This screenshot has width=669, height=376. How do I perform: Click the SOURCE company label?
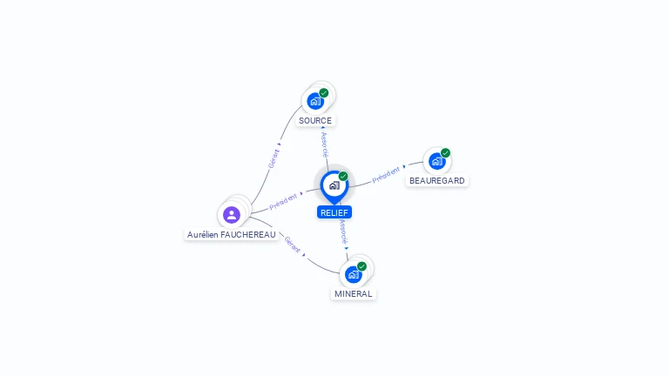point(315,121)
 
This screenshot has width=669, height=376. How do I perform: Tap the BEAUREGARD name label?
point(437,181)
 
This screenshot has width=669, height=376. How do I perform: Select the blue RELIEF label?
point(334,212)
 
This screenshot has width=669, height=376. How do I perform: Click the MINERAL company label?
point(354,293)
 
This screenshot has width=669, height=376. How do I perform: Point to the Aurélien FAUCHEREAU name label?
point(231,234)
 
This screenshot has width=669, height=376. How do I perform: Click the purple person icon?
point(232,215)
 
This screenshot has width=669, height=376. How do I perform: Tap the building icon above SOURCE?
point(315,102)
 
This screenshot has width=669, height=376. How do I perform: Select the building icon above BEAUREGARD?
point(437,162)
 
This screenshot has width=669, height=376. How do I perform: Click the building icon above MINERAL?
point(354,275)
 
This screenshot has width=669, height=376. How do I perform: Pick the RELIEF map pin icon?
point(334,186)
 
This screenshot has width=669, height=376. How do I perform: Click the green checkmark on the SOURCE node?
point(324,93)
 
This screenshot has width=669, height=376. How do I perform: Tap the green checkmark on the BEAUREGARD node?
point(445,153)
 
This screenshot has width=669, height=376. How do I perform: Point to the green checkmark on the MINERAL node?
point(362,266)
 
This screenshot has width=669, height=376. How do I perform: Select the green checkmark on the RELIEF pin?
point(343,176)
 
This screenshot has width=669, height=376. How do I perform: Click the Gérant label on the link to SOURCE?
point(274,158)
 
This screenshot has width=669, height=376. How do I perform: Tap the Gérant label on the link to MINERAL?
point(293,245)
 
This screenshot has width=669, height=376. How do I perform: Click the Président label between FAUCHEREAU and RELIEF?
point(283,202)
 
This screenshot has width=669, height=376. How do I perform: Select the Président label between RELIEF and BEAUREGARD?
point(386,175)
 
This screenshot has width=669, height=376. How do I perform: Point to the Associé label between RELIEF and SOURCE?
point(325,145)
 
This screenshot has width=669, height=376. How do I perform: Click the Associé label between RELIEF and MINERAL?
point(343,232)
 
